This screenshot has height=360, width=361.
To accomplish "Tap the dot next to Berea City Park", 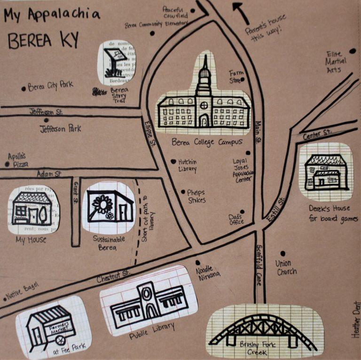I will coord(24,88).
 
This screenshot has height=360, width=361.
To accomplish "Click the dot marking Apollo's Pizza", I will coord(7,164).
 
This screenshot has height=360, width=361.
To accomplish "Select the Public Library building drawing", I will coord(146,301).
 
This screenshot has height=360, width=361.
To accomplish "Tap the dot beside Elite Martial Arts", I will coord(353,51).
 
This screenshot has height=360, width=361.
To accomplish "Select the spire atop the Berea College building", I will coord(204,66).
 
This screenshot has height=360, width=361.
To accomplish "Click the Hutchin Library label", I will coord(187,165).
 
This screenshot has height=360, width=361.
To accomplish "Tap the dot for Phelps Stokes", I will coord(183,191).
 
